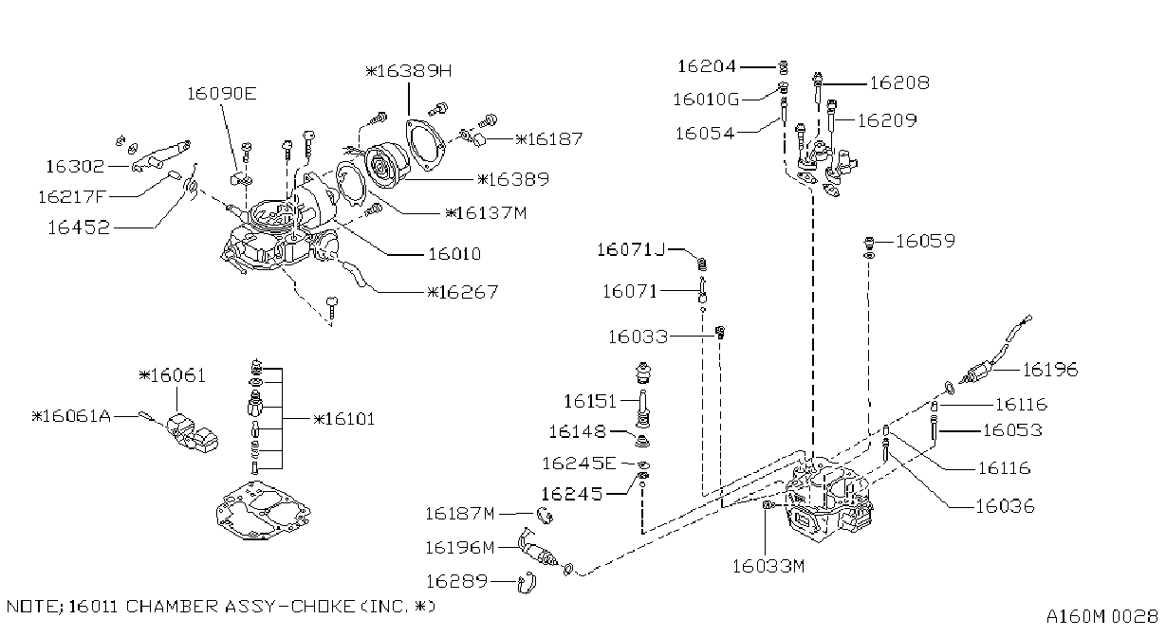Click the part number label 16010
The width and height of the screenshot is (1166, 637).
point(454,254)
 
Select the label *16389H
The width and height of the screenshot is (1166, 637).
point(409,71)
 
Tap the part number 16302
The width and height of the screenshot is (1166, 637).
point(76,167)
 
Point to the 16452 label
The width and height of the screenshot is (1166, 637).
point(79,227)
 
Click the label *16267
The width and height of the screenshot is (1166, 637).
point(463,292)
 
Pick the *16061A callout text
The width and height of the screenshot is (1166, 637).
point(71,416)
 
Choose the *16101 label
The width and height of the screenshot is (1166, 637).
point(344,419)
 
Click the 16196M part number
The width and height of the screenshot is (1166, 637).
point(459,548)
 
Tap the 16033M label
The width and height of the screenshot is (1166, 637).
point(768,566)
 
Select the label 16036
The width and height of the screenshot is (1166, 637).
point(1005,506)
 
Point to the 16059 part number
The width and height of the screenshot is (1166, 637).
point(926,242)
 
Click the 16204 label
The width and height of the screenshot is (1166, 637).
point(707,66)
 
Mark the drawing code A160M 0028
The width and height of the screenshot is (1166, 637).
point(1102,617)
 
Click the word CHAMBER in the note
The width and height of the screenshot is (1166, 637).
point(172,607)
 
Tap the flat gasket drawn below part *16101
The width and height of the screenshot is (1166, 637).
point(263,511)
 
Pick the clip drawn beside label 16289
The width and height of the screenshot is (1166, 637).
point(526,582)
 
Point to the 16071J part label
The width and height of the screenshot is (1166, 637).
point(631,250)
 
